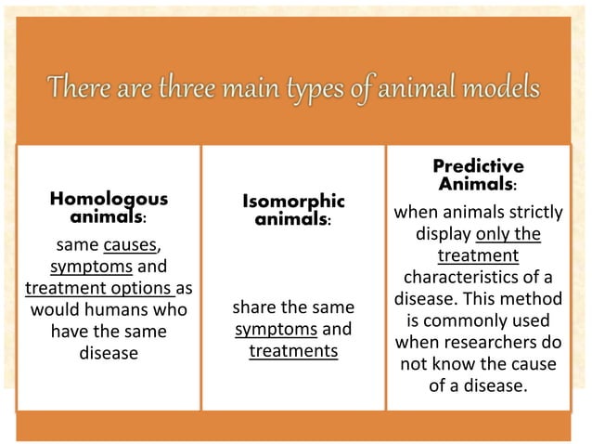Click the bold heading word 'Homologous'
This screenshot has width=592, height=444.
109,199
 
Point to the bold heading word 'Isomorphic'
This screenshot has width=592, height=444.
293,202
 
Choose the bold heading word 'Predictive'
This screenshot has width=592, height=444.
478,166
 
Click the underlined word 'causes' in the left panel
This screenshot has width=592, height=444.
130,246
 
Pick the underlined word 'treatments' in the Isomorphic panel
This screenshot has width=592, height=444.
293,351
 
